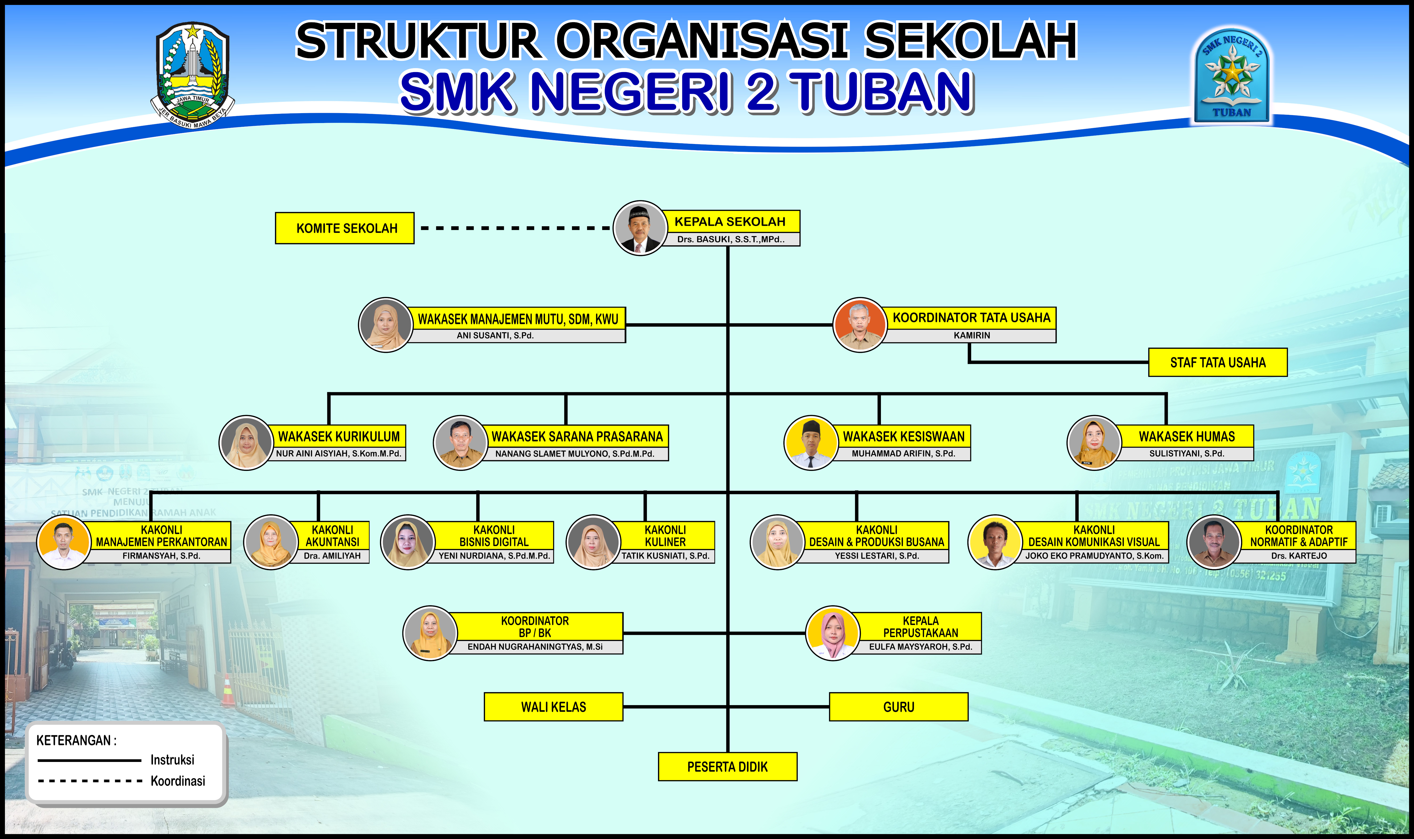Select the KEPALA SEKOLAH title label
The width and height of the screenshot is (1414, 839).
pyautogui.click(x=730, y=222)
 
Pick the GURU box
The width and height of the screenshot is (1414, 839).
pyautogui.click(x=898, y=707)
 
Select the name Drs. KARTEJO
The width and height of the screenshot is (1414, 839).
pyautogui.click(x=1299, y=556)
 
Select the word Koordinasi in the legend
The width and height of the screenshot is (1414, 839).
pyautogui.click(x=177, y=781)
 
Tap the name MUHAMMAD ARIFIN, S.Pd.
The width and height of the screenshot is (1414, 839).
pyautogui.click(x=903, y=453)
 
